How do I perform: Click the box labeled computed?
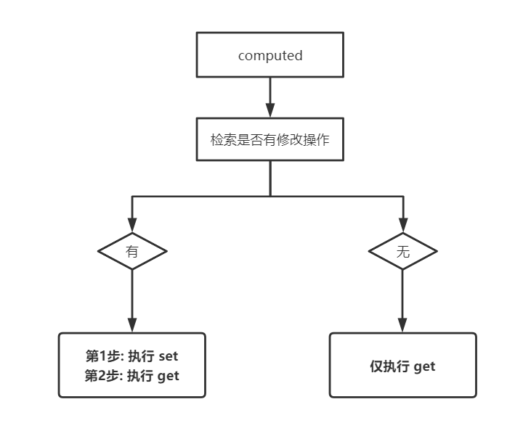pos(270,55)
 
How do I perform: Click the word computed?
pos(270,56)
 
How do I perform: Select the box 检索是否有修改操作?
pos(270,139)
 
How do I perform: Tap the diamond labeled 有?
pos(132,252)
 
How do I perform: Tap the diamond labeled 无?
pos(403,252)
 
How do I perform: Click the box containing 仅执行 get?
pos(403,366)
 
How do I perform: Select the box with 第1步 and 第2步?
pos(132,366)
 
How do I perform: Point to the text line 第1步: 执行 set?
pos(132,356)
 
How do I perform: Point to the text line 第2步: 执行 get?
pos(132,376)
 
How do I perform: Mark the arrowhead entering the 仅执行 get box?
pos(403,325)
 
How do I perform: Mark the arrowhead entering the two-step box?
pos(132,325)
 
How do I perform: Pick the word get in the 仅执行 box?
pos(425,366)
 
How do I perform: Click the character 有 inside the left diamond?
pos(132,252)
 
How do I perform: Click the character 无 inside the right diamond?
pos(403,252)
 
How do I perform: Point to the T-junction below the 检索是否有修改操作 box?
pos(270,196)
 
